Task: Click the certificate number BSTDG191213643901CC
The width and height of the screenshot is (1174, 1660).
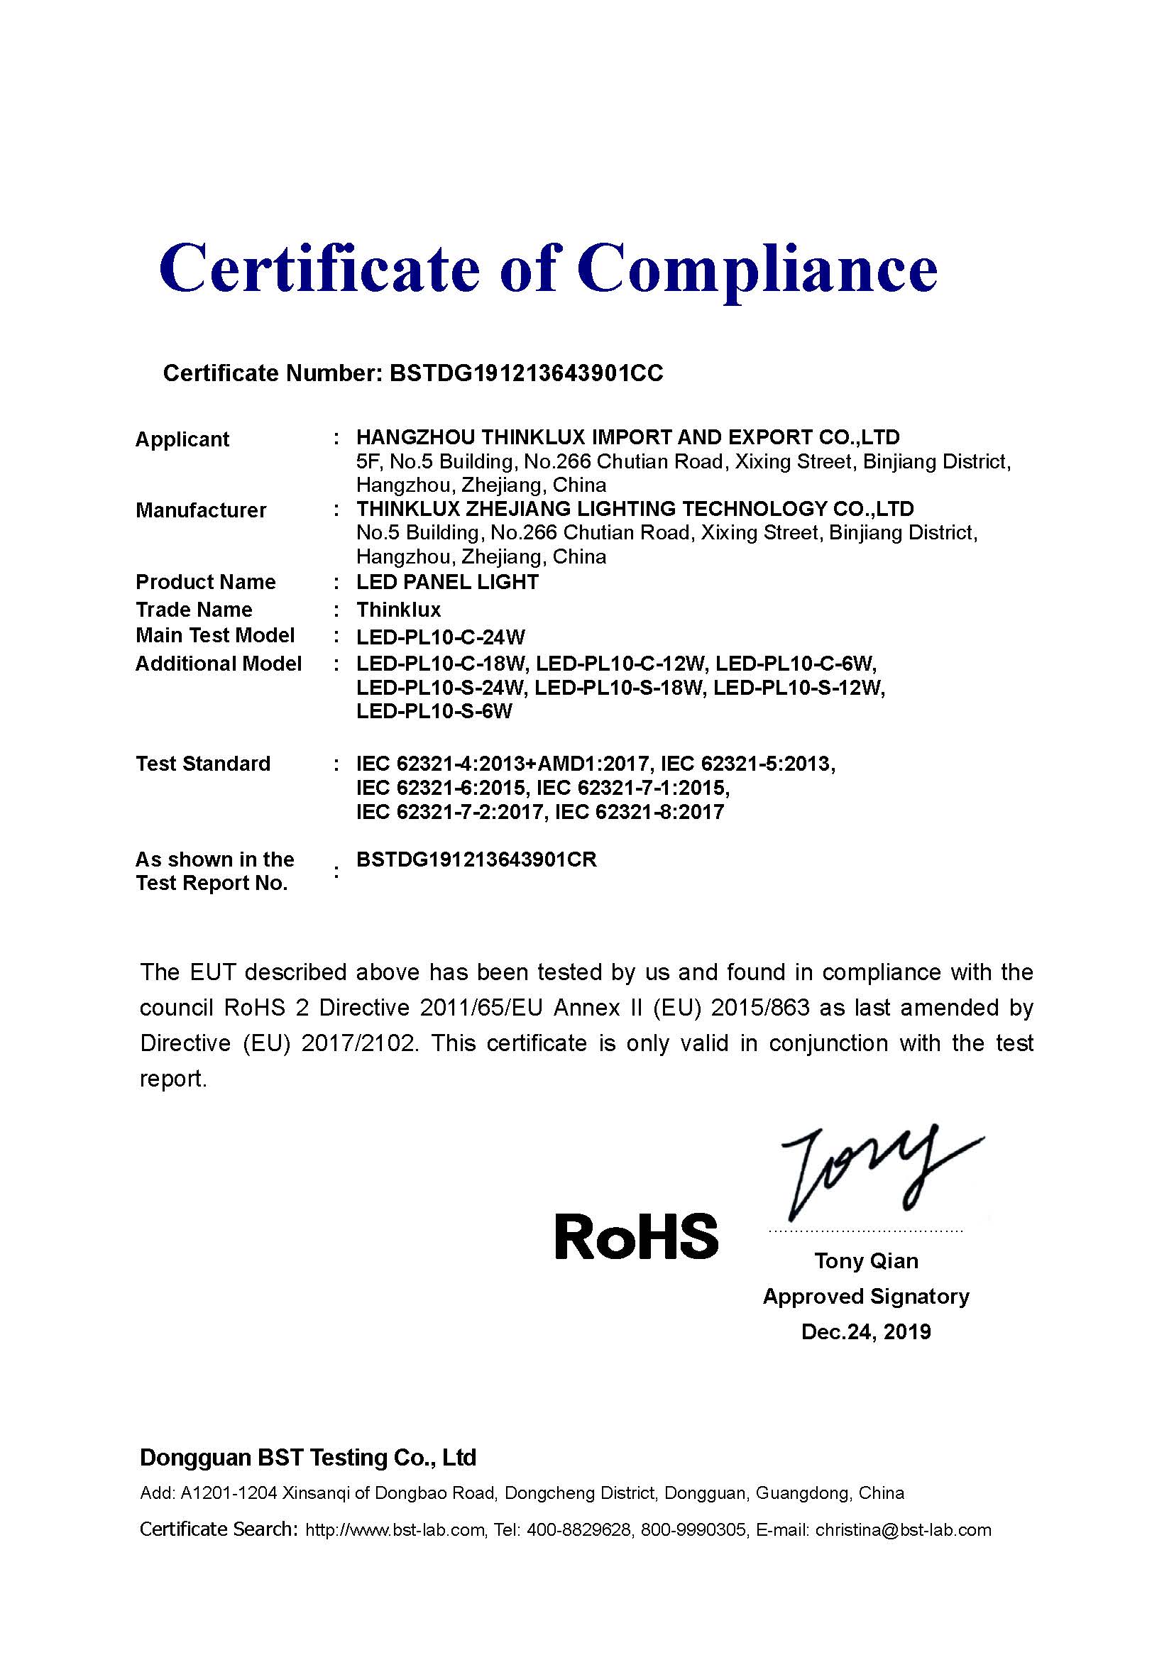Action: click(x=525, y=373)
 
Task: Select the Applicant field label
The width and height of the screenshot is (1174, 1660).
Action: click(x=182, y=439)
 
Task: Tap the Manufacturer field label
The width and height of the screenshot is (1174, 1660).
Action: click(x=201, y=510)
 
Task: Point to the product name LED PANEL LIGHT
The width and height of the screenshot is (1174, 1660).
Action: click(x=447, y=582)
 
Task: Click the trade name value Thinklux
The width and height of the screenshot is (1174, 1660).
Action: click(x=398, y=610)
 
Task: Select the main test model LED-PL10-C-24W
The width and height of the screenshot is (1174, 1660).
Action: click(x=440, y=637)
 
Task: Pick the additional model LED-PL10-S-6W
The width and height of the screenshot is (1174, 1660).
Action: click(x=434, y=711)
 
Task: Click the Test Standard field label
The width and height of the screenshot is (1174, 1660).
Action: click(x=203, y=764)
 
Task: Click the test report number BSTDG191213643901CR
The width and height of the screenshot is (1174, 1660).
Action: click(x=476, y=859)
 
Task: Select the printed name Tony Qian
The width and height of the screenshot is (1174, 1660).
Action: click(x=866, y=1261)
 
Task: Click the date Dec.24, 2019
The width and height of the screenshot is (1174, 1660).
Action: click(x=866, y=1331)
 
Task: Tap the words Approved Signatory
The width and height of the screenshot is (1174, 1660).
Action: click(x=866, y=1297)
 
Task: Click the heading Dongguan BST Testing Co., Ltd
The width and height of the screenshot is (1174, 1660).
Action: click(x=308, y=1457)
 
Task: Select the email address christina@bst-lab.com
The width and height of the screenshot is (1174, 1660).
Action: click(x=903, y=1530)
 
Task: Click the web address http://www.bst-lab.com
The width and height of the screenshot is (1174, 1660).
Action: click(x=395, y=1530)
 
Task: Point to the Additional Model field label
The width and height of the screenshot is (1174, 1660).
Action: click(x=219, y=664)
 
